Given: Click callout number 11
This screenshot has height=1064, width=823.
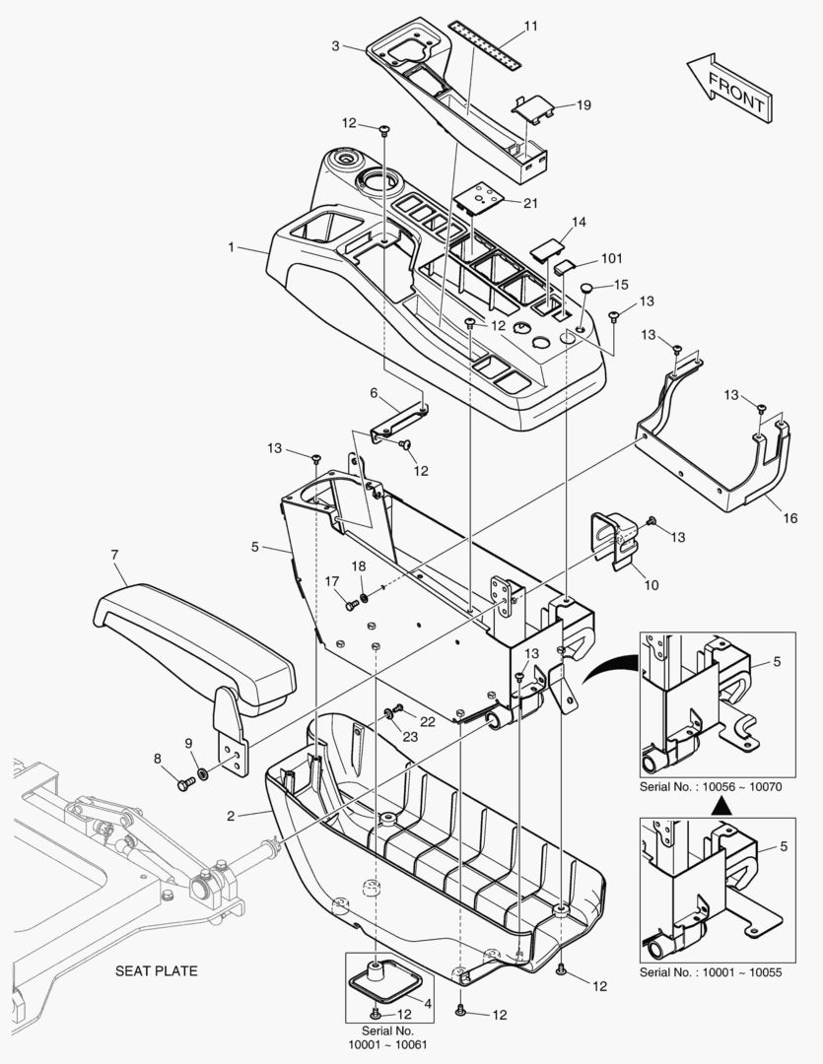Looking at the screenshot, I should [x=530, y=27].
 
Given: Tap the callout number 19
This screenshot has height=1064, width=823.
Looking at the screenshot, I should [x=583, y=104].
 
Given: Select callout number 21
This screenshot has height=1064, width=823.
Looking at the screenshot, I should [x=530, y=203].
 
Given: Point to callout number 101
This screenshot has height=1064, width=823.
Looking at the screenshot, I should [x=611, y=259].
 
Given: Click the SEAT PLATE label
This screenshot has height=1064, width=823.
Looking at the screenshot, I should [x=156, y=971].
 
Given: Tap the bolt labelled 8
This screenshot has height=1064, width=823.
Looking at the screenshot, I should [x=185, y=784].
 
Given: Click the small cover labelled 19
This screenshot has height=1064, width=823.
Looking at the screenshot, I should [x=533, y=108].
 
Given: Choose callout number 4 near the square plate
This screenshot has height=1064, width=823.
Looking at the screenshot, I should [x=428, y=1003].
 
